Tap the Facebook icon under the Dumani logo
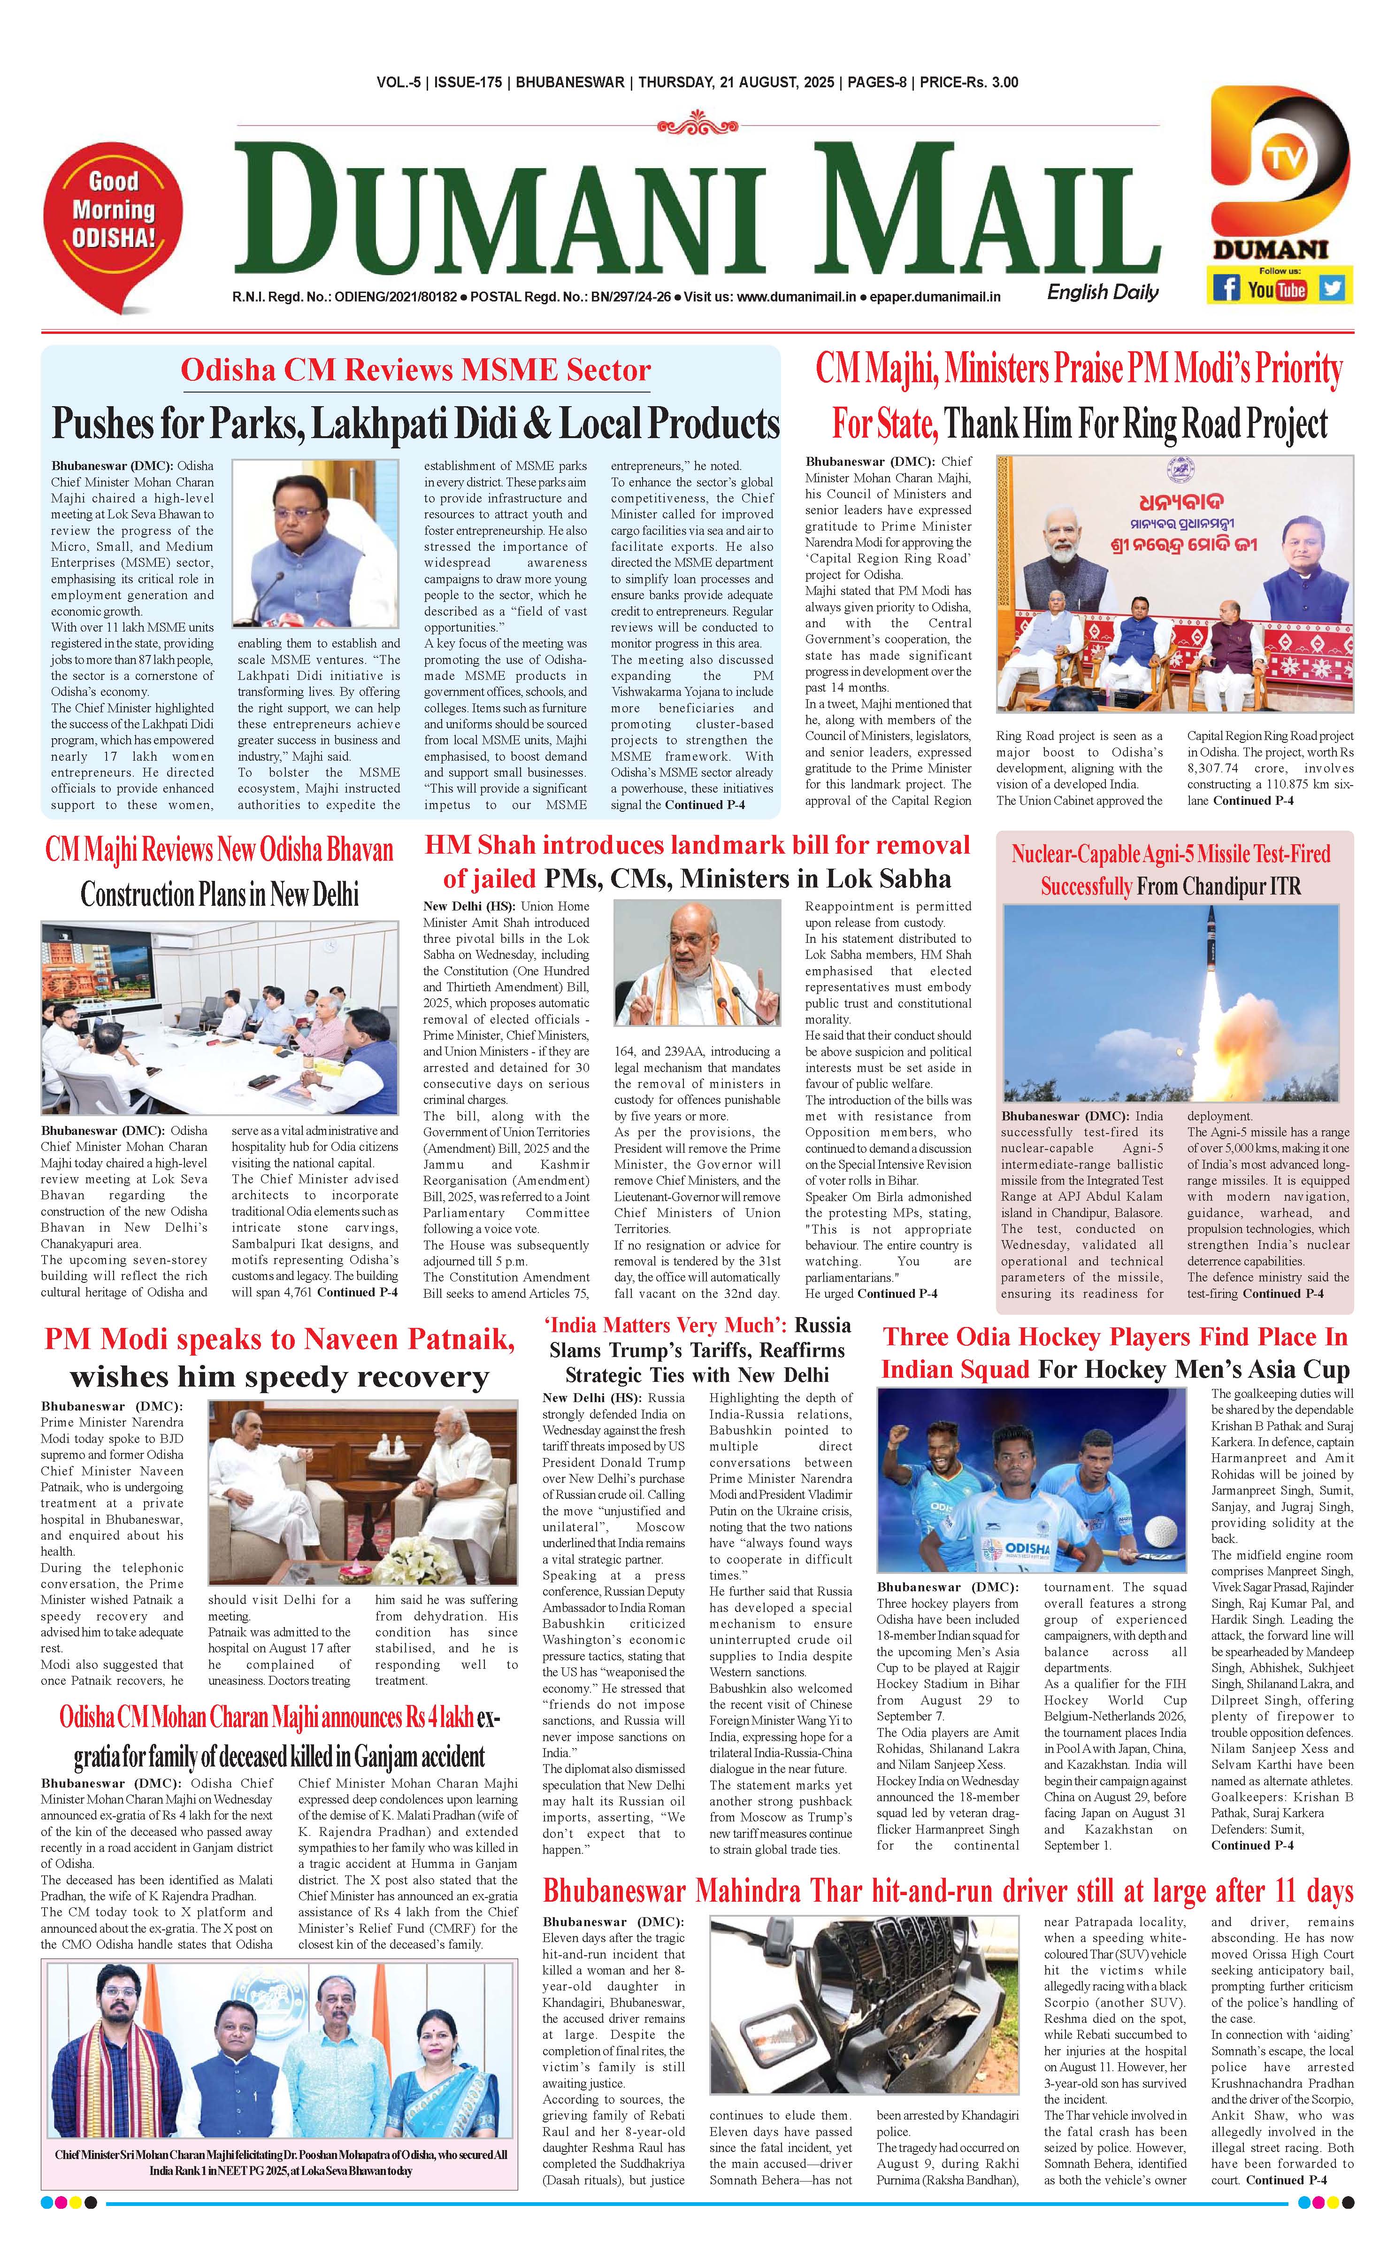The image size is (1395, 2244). (1225, 288)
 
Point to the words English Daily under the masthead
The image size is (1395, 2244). (1103, 293)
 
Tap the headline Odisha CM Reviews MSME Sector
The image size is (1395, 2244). (415, 370)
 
